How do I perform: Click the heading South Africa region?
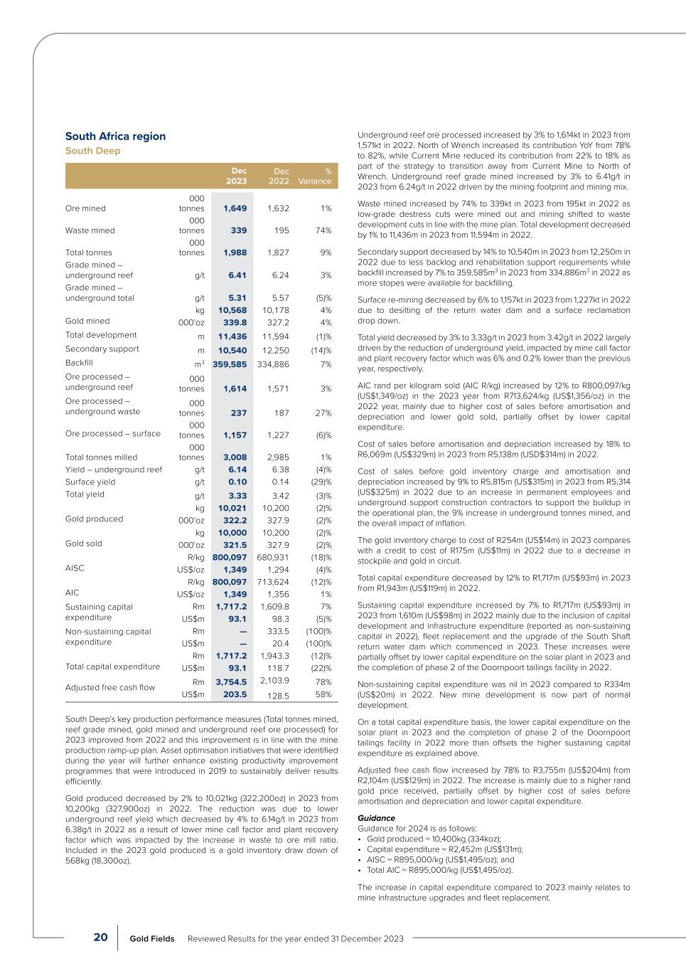[115, 137]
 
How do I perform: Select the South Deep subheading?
[93, 151]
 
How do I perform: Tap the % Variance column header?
[315, 176]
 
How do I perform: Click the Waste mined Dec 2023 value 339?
[238, 230]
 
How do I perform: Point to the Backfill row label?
[80, 364]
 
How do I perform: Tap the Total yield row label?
[85, 494]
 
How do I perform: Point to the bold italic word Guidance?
[376, 818]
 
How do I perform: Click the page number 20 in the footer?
[101, 938]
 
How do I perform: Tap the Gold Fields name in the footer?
[152, 939]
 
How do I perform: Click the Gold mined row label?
[87, 321]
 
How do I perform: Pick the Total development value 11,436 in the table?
[232, 335]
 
